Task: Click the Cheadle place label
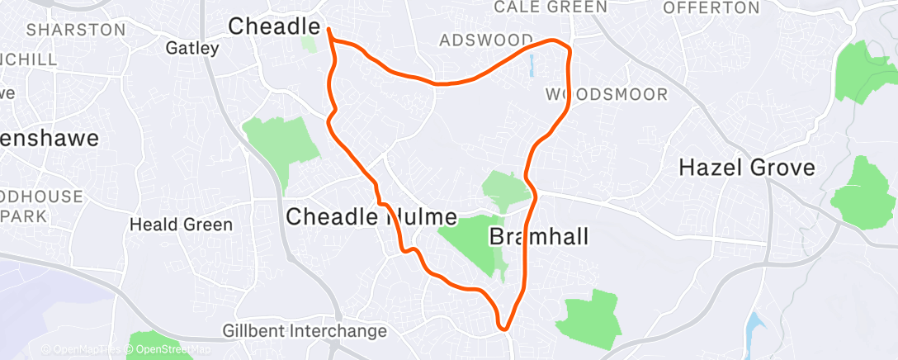276,26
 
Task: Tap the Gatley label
192,48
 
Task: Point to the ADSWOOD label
486,40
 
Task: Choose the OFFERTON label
711,8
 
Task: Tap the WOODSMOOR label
607,95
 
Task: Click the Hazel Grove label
746,168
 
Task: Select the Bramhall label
539,238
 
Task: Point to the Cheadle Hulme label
371,217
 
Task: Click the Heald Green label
182,225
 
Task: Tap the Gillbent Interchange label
305,332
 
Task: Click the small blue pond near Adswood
530,65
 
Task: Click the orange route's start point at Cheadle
329,30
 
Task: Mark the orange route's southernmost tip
503,329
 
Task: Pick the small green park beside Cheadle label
310,43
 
